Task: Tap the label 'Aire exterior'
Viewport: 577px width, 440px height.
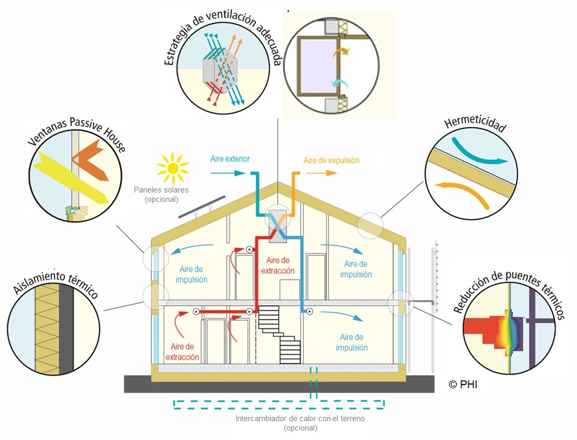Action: pyautogui.click(x=230, y=159)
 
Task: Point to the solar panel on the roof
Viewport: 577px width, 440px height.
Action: pyautogui.click(x=202, y=206)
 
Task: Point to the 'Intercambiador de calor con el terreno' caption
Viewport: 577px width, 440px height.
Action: pyautogui.click(x=300, y=418)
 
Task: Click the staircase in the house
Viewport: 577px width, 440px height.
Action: pyautogui.click(x=280, y=333)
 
